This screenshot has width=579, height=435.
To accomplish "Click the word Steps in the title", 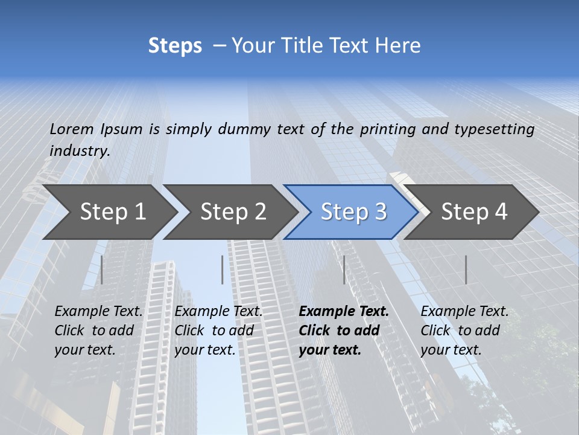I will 175,46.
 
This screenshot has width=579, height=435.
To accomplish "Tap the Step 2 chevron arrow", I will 233,211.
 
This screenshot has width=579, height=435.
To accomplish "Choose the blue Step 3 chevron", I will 353,211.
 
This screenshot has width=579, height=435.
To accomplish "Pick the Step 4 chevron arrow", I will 474,211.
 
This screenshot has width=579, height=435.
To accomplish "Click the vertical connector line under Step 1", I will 102,269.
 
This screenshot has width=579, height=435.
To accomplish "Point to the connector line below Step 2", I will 223,269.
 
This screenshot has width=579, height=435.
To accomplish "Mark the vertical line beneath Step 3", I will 344,269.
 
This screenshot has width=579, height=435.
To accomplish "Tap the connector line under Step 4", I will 466,269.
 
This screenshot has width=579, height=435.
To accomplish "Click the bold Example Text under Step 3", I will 344,312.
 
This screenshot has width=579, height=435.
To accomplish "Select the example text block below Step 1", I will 98,330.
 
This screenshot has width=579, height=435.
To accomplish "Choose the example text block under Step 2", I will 218,330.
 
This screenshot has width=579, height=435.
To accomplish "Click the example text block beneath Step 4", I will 464,330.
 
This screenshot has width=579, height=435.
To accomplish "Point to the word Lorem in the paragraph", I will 71,129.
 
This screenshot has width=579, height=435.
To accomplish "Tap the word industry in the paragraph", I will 79,150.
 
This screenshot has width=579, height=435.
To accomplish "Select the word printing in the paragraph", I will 388,129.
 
